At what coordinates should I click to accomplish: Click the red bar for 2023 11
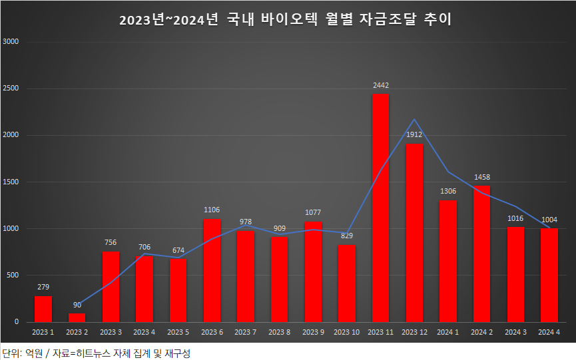click(381, 208)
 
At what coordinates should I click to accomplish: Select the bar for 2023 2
click(77, 317)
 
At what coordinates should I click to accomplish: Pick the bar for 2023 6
click(212, 270)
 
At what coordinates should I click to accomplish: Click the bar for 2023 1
click(43, 309)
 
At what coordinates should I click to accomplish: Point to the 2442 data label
click(381, 85)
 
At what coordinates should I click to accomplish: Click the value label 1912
click(414, 135)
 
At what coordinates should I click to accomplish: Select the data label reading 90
click(77, 305)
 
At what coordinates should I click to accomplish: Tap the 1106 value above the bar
click(212, 210)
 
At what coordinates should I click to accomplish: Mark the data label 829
click(347, 236)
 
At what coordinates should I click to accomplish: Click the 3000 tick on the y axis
click(11, 41)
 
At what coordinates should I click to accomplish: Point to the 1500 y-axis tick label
click(11, 182)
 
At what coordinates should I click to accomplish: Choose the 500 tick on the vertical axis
click(13, 275)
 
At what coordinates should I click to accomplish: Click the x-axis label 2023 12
click(414, 331)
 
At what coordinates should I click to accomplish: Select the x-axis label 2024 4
click(549, 331)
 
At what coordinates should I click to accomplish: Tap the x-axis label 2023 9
click(313, 331)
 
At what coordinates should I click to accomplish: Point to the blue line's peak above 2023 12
click(414, 120)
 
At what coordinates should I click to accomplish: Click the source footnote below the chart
click(97, 351)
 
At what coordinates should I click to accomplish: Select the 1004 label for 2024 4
click(549, 220)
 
